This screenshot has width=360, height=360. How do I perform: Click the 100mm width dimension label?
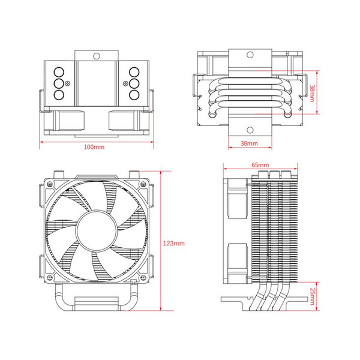point(93,147)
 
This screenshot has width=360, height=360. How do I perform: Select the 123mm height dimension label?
point(174,243)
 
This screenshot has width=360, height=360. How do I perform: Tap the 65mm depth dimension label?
point(260,164)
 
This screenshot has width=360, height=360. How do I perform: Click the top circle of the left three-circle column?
point(59,71)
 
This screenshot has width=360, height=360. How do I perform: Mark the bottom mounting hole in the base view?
point(249,130)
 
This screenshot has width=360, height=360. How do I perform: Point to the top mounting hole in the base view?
point(249,56)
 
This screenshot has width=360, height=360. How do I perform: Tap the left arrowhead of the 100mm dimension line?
point(42,142)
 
